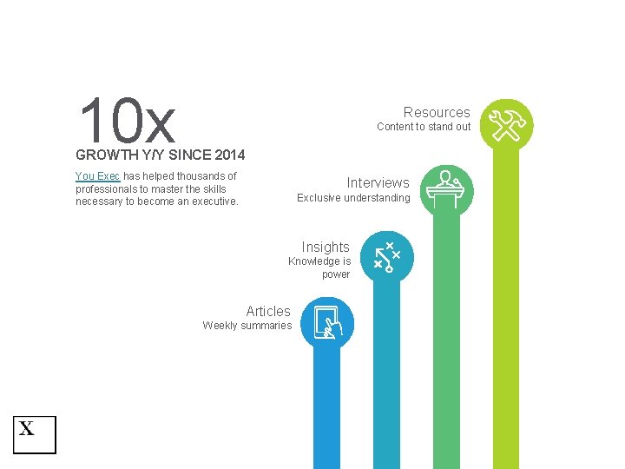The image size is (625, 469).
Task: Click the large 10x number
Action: click(x=127, y=122)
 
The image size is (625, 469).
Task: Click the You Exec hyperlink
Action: click(x=97, y=176)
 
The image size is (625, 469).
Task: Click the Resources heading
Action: click(x=437, y=113)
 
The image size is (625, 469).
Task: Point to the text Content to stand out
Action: click(x=424, y=127)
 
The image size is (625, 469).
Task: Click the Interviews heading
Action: click(x=378, y=183)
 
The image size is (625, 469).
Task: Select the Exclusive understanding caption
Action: click(x=353, y=198)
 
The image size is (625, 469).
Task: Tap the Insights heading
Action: click(x=326, y=248)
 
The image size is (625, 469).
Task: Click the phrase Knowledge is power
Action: click(x=320, y=268)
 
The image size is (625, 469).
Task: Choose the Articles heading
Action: click(x=268, y=312)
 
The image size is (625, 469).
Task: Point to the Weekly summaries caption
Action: click(x=247, y=326)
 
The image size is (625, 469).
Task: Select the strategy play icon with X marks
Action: click(x=386, y=257)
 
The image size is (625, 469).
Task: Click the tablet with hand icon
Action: click(x=327, y=322)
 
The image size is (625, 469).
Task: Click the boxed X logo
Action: click(x=34, y=434)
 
